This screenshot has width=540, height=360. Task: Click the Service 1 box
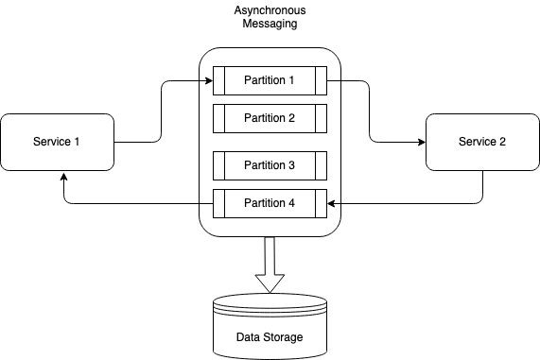tap(57, 142)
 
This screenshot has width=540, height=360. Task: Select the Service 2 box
tap(482, 142)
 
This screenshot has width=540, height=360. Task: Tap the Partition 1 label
tap(270, 80)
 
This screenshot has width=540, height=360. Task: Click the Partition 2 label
tap(270, 118)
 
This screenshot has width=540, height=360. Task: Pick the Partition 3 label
tap(270, 165)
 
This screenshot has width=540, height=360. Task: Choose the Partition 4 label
tap(270, 203)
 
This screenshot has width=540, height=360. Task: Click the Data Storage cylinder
tap(270, 326)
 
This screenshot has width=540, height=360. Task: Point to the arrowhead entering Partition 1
tap(208, 80)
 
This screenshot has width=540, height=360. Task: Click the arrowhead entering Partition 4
tap(332, 203)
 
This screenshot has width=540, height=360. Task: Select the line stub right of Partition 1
tap(334, 80)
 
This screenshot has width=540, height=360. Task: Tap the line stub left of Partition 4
tap(206, 203)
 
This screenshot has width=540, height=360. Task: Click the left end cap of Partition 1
tap(218, 80)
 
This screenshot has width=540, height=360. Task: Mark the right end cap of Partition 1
tap(322, 80)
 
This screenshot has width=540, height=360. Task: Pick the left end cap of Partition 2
tap(218, 118)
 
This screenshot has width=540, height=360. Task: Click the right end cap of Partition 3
tap(322, 165)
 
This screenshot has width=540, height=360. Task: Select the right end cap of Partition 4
tap(322, 203)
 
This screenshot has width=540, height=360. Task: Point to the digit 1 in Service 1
tap(77, 142)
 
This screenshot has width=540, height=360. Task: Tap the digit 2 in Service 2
tap(502, 142)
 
